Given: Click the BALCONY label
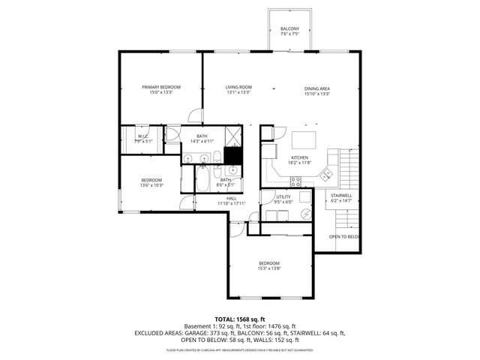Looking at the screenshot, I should click(289, 28).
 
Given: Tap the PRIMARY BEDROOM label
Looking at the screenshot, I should click(161, 88).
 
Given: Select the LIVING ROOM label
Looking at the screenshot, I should click(238, 88).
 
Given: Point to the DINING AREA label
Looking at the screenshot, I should click(317, 88).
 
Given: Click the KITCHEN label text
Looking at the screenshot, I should click(299, 157).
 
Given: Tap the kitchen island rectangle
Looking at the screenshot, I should click(303, 139).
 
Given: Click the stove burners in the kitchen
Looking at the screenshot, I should click(295, 180).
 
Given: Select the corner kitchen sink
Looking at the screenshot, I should click(325, 175).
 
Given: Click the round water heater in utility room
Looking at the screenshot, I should click(305, 212).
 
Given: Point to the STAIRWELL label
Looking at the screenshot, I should click(341, 196).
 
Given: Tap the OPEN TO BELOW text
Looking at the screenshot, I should click(344, 237).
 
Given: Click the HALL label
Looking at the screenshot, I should click(232, 198).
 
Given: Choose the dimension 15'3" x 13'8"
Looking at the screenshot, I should click(269, 268).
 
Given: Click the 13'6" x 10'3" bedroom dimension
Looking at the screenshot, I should click(152, 185).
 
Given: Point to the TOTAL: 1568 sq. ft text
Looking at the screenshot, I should click(239, 319).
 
